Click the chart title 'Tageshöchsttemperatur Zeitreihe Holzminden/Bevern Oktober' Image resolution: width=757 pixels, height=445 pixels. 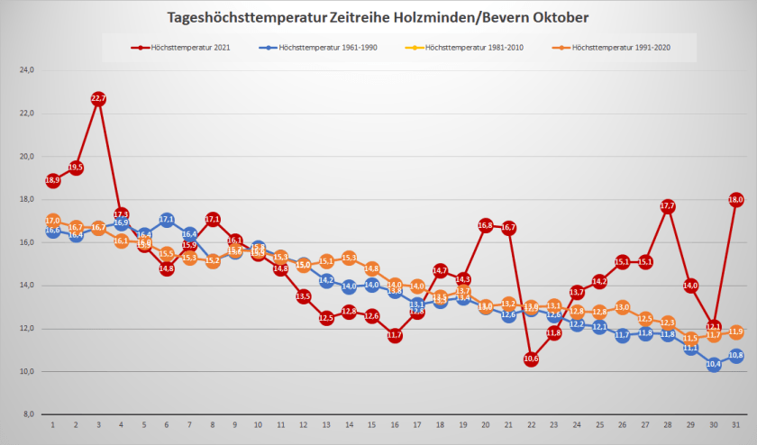(378, 17)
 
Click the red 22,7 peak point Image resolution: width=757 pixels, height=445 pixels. (98, 98)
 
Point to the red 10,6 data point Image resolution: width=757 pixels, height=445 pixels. (531, 359)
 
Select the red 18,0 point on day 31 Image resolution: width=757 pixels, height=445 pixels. (735, 200)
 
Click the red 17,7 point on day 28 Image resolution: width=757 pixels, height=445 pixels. (668, 206)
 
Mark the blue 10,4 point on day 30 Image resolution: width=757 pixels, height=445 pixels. (713, 364)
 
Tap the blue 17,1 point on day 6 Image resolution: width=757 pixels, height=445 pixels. (167, 219)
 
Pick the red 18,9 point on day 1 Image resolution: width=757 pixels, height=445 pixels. (53, 180)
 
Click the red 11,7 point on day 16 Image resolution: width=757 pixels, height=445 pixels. (394, 335)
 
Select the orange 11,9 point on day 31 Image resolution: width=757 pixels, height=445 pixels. (735, 331)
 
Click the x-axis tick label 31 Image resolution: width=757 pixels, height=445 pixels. (735, 425)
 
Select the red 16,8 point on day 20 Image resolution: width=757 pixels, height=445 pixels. (486, 225)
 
